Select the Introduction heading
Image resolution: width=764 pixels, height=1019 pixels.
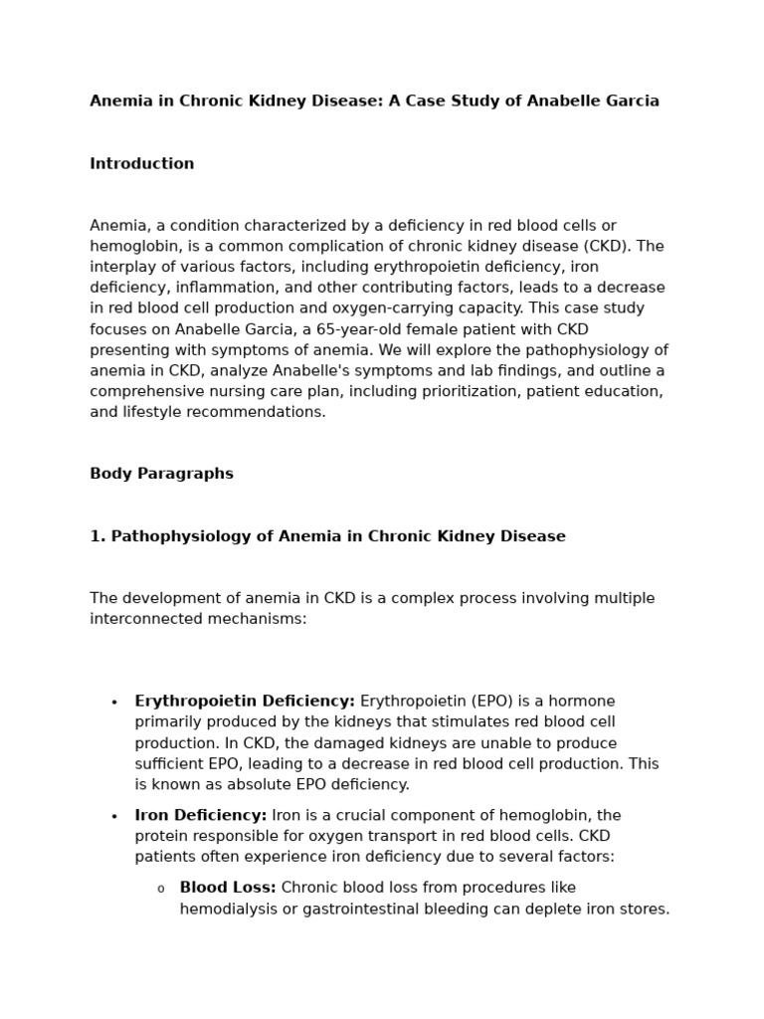142,164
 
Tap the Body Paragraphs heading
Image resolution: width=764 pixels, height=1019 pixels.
161,474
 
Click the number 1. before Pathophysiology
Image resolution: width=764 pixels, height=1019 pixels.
97,536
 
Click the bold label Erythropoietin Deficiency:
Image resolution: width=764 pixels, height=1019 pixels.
245,702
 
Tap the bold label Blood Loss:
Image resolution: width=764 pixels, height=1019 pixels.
228,888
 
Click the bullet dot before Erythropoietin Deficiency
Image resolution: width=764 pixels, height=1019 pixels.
115,703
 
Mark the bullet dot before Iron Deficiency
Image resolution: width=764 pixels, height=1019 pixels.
115,817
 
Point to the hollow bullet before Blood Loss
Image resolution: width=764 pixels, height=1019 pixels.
161,889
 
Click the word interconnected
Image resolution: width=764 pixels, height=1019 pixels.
146,619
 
